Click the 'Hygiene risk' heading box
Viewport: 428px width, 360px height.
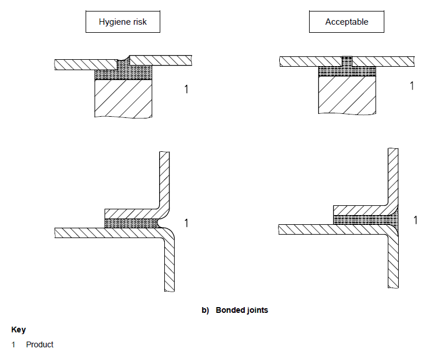[x=122, y=22]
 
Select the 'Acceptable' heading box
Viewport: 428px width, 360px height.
[x=346, y=22]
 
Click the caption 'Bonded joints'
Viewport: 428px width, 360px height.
[x=242, y=310]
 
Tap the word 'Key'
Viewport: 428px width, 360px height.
[x=18, y=330]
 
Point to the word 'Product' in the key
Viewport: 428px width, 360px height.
[x=40, y=344]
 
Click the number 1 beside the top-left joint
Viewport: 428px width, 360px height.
[x=186, y=89]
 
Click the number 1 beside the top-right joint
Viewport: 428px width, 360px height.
[x=412, y=86]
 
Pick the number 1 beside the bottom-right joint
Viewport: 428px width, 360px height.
[x=415, y=220]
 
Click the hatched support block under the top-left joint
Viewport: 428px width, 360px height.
[x=123, y=98]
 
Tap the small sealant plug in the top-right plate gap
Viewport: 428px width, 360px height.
[x=346, y=60]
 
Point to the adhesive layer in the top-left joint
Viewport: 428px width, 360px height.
[x=123, y=73]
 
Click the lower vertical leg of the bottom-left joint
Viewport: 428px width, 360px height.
[x=169, y=265]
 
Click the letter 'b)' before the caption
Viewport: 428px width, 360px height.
[x=206, y=310]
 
